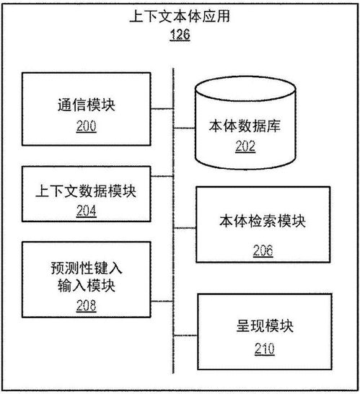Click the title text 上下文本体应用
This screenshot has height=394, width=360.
(x=180, y=14)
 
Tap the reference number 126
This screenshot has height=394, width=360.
(x=180, y=35)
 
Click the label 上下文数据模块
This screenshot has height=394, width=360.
(x=86, y=192)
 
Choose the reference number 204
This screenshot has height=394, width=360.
(x=86, y=212)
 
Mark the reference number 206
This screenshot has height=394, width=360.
(x=263, y=250)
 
